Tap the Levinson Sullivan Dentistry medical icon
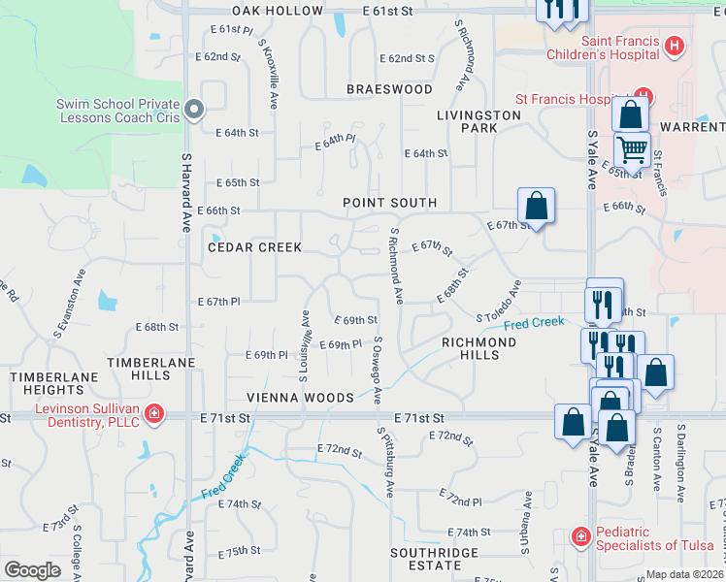click(x=154, y=415)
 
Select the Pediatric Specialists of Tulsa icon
click(x=580, y=535)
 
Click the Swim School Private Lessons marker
click(x=193, y=111)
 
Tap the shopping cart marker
click(x=632, y=150)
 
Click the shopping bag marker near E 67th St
click(x=536, y=206)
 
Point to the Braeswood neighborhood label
click(x=389, y=89)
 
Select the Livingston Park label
click(x=478, y=121)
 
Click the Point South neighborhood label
click(x=389, y=203)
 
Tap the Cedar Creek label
click(x=255, y=247)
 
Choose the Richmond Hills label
click(x=483, y=348)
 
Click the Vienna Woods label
click(x=300, y=398)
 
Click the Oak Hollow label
click(x=278, y=11)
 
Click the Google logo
click(x=32, y=570)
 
